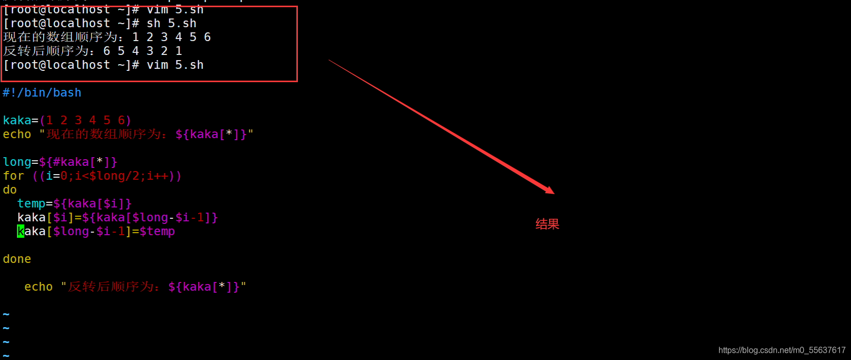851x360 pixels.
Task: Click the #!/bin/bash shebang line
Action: pyautogui.click(x=42, y=93)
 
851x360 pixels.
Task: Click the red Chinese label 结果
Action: pyautogui.click(x=547, y=224)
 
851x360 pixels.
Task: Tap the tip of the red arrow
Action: pyautogui.click(x=553, y=193)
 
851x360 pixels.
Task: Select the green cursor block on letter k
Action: pyautogui.click(x=21, y=232)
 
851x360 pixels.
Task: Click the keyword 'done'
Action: pyautogui.click(x=17, y=259)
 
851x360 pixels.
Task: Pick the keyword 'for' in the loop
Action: pyautogui.click(x=13, y=176)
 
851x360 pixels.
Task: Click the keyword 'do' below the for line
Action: pyautogui.click(x=10, y=190)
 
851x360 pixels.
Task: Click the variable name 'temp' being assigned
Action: pyautogui.click(x=31, y=204)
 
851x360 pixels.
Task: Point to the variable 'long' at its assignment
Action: pyautogui.click(x=17, y=162)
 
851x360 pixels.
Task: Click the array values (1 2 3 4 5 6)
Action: pyautogui.click(x=85, y=121)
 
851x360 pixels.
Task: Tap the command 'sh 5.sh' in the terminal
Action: pyautogui.click(x=172, y=24)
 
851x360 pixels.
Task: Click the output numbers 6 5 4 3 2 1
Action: pyautogui.click(x=143, y=51)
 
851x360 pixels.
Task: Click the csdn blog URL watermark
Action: pyautogui.click(x=782, y=350)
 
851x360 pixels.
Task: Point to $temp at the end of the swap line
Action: pyautogui.click(x=157, y=232)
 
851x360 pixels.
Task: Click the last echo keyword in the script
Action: pyautogui.click(x=39, y=287)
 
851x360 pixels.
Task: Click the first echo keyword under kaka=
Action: pyautogui.click(x=17, y=135)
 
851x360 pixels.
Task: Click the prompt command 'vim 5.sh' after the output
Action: pyautogui.click(x=175, y=65)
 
